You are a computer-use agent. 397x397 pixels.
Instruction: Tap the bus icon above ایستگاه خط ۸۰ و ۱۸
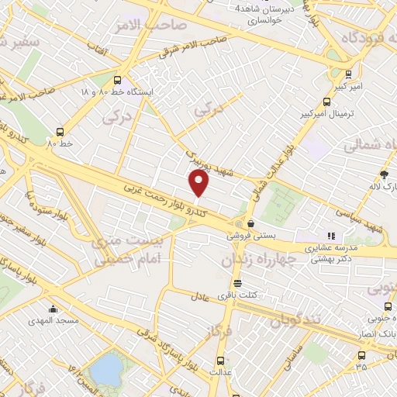pyautogui.click(x=117, y=79)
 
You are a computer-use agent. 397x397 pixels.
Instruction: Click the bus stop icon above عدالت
pyautogui.click(x=221, y=361)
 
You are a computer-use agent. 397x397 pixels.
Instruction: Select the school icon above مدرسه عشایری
pyautogui.click(x=330, y=235)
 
